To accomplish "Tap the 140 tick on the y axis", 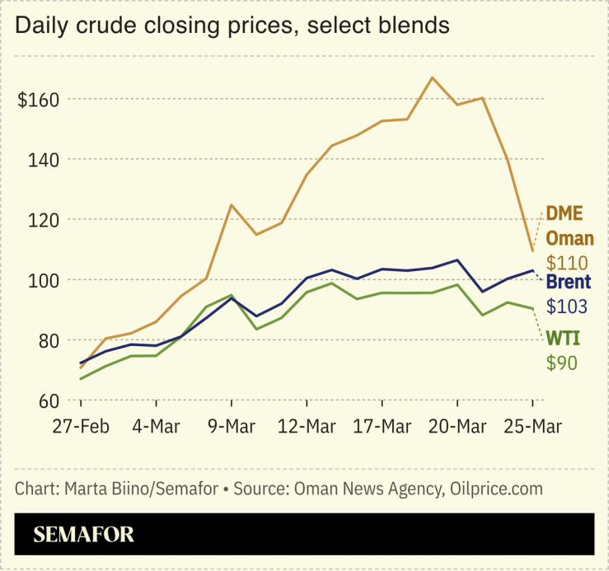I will [x=43, y=160].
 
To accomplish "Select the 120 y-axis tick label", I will [x=43, y=220].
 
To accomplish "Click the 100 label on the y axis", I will [x=43, y=280].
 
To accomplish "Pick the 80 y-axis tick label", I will [x=47, y=340].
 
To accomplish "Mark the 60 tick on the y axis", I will [x=47, y=400].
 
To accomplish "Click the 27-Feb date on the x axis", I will [x=80, y=428].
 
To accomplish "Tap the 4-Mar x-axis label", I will [x=156, y=428].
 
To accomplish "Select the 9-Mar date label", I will [x=231, y=428].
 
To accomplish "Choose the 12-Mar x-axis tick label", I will [x=306, y=428].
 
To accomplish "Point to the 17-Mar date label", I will [x=382, y=428].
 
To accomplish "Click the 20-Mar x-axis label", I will [x=457, y=428].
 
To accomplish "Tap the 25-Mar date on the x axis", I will [x=532, y=428].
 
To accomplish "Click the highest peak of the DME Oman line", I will [x=432, y=77].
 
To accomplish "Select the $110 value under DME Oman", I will [x=566, y=264].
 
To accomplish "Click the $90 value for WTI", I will [x=561, y=363].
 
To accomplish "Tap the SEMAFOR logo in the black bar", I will [x=83, y=535].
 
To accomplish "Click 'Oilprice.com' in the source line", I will [x=496, y=489].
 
